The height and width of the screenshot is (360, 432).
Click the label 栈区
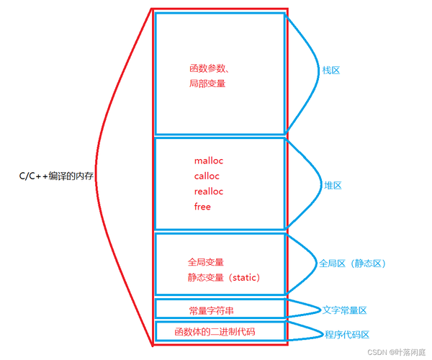pyautogui.click(x=330, y=71)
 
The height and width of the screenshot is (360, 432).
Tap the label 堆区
pyautogui.click(x=332, y=185)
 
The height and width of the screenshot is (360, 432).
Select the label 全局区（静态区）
pyautogui.click(x=353, y=264)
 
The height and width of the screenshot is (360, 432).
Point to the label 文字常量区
pyautogui.click(x=345, y=310)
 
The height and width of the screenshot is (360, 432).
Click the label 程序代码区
pyautogui.click(x=347, y=335)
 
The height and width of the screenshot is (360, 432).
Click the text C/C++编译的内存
pyautogui.click(x=57, y=176)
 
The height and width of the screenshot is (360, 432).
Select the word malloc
pyautogui.click(x=210, y=161)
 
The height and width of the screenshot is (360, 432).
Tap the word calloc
pyautogui.click(x=207, y=176)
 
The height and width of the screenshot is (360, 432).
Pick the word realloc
pyautogui.click(x=209, y=192)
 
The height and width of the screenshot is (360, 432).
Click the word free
pyautogui.click(x=202, y=207)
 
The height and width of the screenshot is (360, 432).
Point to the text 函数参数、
pyautogui.click(x=210, y=68)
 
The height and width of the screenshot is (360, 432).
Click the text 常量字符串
pyautogui.click(x=211, y=310)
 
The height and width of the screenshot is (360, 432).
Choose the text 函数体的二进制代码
pyautogui.click(x=215, y=332)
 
